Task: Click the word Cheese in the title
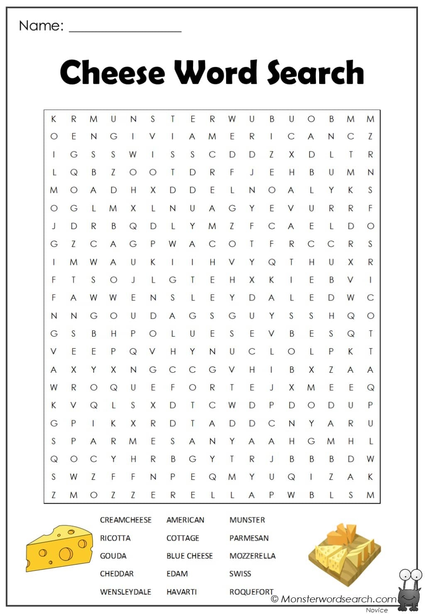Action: (112, 73)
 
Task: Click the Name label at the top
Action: (41, 26)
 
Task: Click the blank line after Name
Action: (125, 29)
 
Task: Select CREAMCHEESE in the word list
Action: (126, 520)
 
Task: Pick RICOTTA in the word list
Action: (115, 538)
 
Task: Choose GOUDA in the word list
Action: (113, 556)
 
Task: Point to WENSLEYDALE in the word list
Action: (125, 592)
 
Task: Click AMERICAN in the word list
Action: (185, 520)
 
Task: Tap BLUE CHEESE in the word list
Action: (189, 556)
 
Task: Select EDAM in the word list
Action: (177, 574)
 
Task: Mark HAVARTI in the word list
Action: (181, 592)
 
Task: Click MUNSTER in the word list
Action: (247, 520)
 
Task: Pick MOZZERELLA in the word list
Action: (252, 556)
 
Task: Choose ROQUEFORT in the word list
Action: (251, 592)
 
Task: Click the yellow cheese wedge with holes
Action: (59, 548)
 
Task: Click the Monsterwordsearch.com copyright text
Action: (334, 599)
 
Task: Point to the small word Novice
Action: (376, 610)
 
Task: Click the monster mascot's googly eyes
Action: (410, 575)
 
